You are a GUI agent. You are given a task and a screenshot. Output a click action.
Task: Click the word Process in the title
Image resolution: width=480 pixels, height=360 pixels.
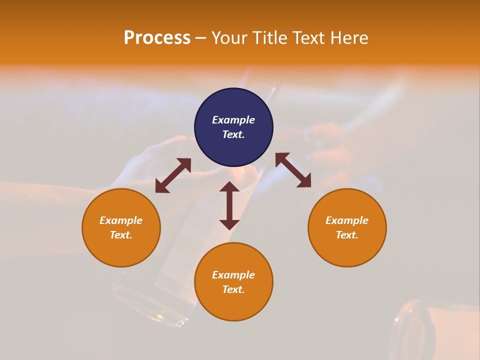pos(157,38)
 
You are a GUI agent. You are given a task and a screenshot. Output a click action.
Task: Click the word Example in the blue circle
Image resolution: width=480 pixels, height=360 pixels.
pos(233,120)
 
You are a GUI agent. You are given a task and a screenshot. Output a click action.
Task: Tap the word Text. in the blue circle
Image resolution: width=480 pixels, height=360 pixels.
pos(233,134)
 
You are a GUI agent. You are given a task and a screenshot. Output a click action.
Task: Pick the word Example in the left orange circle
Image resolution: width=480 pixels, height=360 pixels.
pos(121,220)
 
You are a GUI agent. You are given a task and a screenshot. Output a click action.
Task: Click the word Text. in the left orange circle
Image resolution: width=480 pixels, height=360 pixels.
pos(121,235)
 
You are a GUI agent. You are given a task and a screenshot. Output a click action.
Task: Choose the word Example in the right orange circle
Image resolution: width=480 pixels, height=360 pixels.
pos(347,220)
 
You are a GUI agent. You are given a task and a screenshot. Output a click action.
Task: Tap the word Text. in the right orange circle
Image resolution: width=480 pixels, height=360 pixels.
pos(347,235)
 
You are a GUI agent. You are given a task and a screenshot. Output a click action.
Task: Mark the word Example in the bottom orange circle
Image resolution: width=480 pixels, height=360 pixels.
pos(233,275)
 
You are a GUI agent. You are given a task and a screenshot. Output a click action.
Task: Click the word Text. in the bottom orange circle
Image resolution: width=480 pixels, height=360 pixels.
pos(233,289)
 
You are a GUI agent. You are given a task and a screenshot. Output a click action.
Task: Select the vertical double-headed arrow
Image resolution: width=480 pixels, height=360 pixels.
pos(229,205)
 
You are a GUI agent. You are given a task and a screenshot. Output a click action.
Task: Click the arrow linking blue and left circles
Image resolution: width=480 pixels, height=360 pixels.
pos(173,175)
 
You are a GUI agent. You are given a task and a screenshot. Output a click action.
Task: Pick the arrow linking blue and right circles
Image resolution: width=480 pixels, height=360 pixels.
pos(293,170)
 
